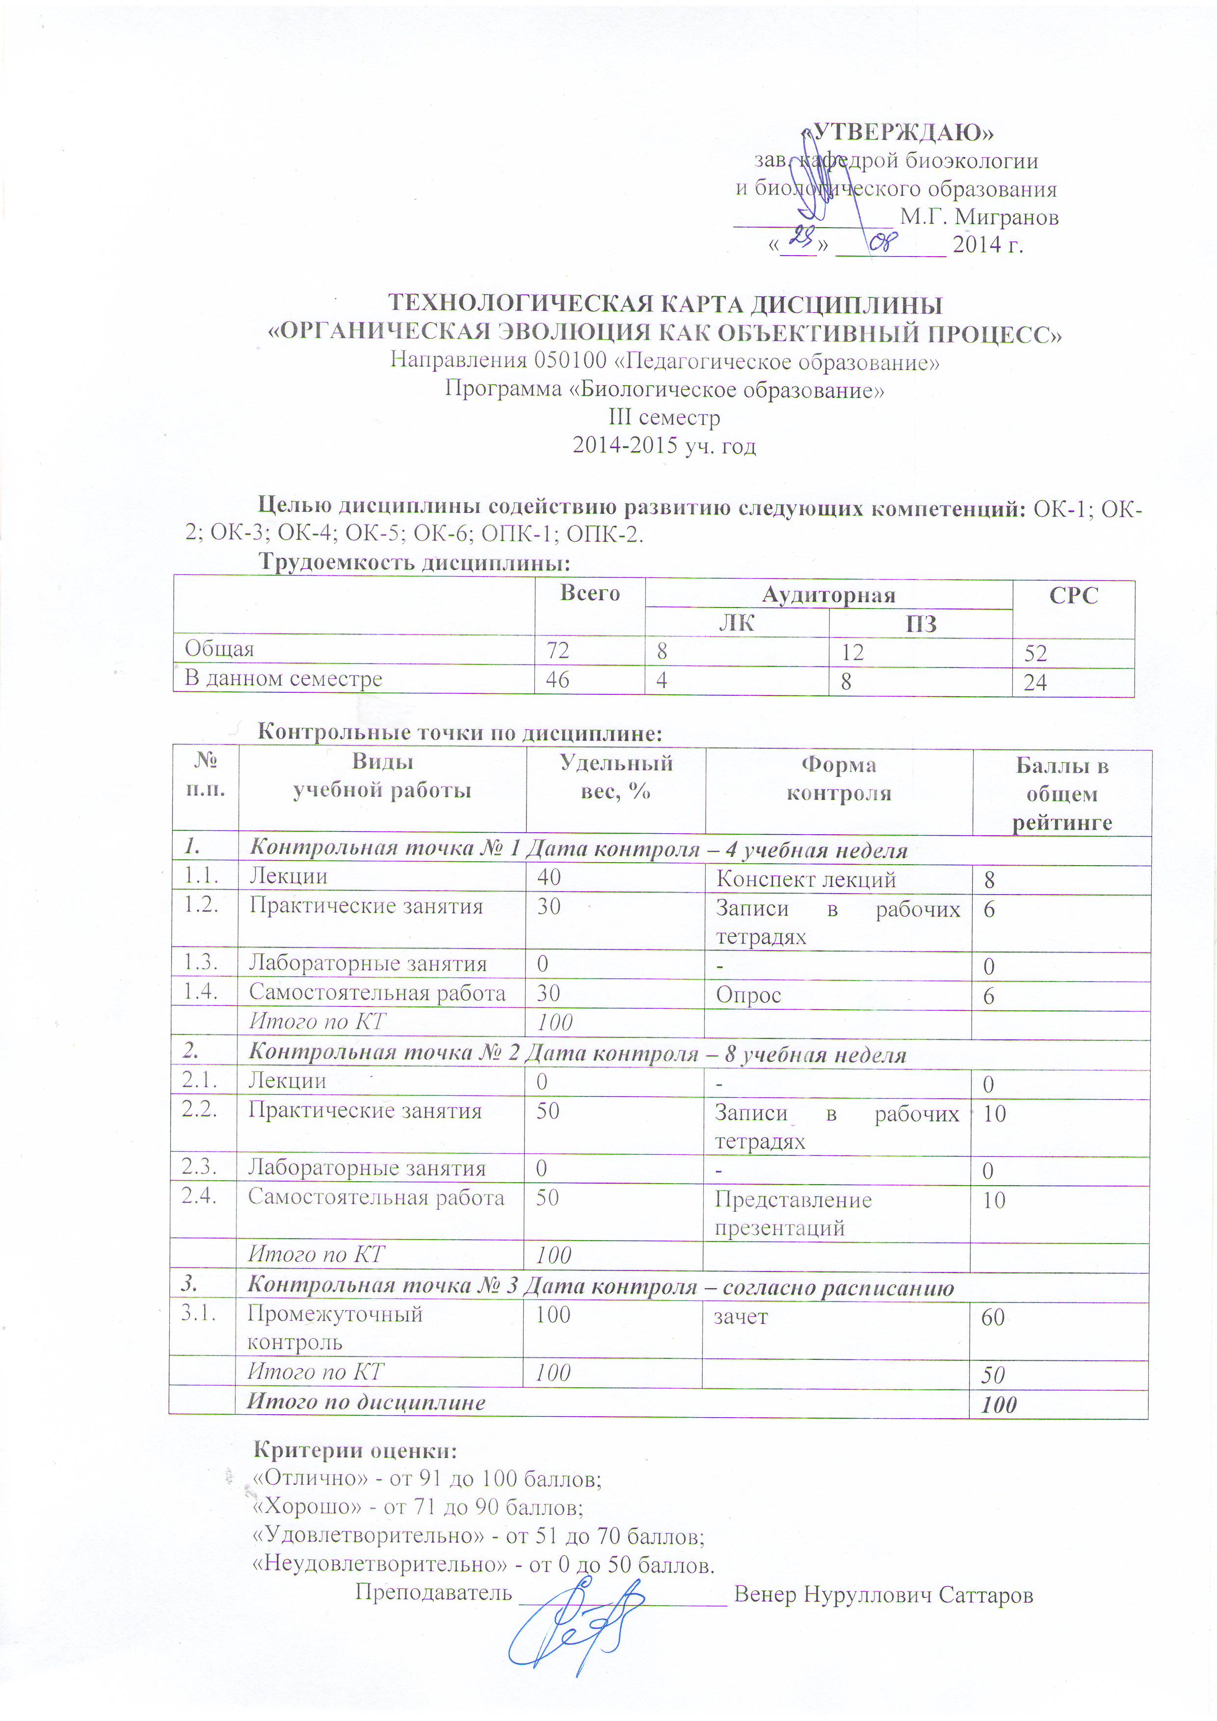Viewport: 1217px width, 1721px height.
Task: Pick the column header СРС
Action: [1073, 595]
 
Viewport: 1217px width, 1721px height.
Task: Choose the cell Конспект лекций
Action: [806, 879]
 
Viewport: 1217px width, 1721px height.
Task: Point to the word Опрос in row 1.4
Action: [748, 995]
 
